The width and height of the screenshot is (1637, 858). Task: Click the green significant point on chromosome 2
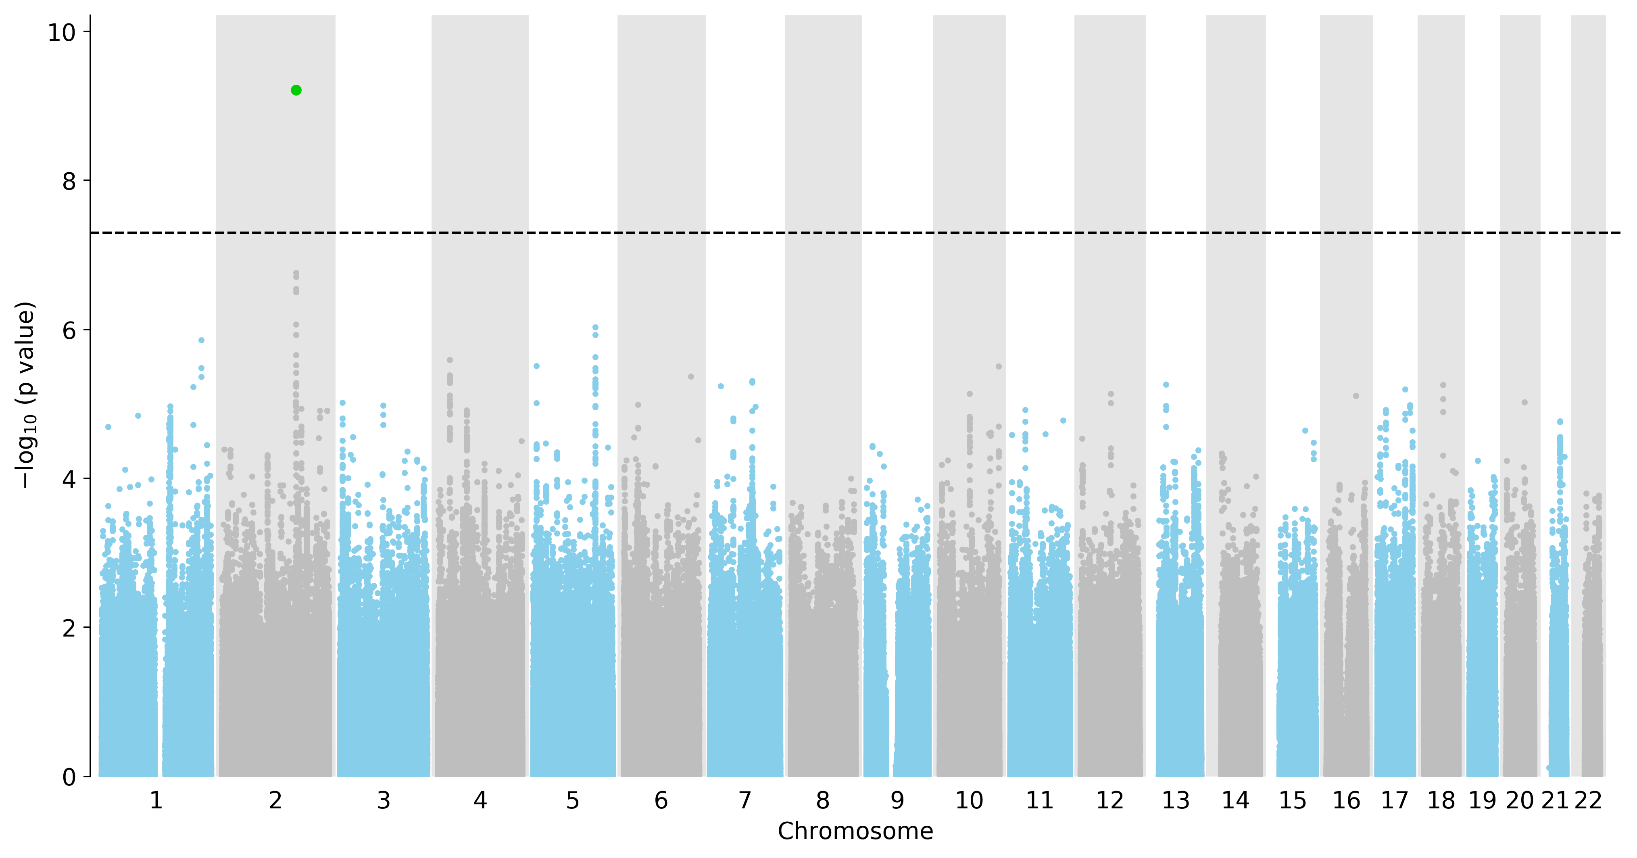click(x=296, y=90)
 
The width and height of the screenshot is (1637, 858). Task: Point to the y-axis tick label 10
click(x=62, y=32)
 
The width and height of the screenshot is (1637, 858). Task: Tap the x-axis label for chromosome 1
click(x=156, y=801)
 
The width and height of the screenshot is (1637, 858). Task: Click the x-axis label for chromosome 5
click(x=573, y=801)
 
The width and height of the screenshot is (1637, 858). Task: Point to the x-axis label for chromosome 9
click(x=897, y=801)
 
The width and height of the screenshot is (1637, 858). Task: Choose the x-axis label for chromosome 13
click(x=1176, y=801)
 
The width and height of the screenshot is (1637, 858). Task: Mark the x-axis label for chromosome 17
click(x=1395, y=801)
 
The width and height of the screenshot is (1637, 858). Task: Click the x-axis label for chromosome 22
click(x=1588, y=801)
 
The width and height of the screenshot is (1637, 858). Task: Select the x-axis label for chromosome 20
click(x=1519, y=801)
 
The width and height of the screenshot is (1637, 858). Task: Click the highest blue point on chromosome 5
click(x=595, y=327)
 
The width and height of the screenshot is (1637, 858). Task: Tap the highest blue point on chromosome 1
click(x=201, y=340)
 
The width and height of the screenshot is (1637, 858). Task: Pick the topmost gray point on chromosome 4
click(x=450, y=360)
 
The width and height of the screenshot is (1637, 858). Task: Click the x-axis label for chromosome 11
click(x=1040, y=801)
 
